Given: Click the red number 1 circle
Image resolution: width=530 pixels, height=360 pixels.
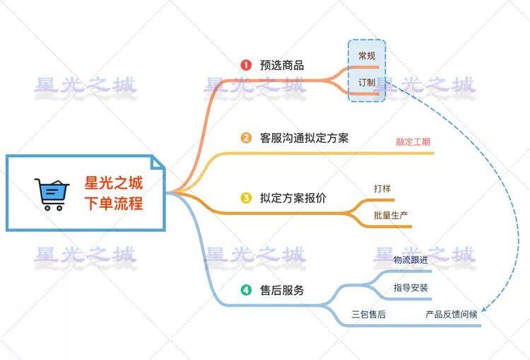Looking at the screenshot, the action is pyautogui.click(x=246, y=65).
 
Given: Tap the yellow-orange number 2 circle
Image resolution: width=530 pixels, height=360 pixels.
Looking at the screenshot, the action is pyautogui.click(x=246, y=138).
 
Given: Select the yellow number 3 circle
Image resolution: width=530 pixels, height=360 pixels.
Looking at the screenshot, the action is pyautogui.click(x=246, y=198).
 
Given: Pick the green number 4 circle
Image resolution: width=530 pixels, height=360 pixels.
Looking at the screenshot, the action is pyautogui.click(x=246, y=289).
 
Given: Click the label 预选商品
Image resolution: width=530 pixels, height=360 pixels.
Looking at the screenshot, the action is pyautogui.click(x=282, y=65).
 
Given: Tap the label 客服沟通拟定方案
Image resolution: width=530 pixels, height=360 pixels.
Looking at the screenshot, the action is pyautogui.click(x=305, y=138).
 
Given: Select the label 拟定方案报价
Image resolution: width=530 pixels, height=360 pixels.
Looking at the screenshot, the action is pyautogui.click(x=293, y=198).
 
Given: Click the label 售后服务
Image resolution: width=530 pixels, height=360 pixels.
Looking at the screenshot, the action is pyautogui.click(x=282, y=289).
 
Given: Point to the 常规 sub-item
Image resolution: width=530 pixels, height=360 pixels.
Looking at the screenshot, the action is pyautogui.click(x=367, y=55).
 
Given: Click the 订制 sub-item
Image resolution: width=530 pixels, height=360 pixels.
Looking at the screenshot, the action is pyautogui.click(x=367, y=83).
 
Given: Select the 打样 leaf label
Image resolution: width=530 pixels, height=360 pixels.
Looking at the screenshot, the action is pyautogui.click(x=383, y=189).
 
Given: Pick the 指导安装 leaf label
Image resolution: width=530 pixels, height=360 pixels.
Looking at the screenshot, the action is pyautogui.click(x=411, y=288).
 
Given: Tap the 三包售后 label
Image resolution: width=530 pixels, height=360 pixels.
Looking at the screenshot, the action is pyautogui.click(x=368, y=314).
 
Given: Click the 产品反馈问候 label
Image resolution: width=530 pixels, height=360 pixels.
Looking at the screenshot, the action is pyautogui.click(x=452, y=314).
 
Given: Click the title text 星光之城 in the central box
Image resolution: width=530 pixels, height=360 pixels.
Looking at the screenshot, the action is pyautogui.click(x=114, y=184).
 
